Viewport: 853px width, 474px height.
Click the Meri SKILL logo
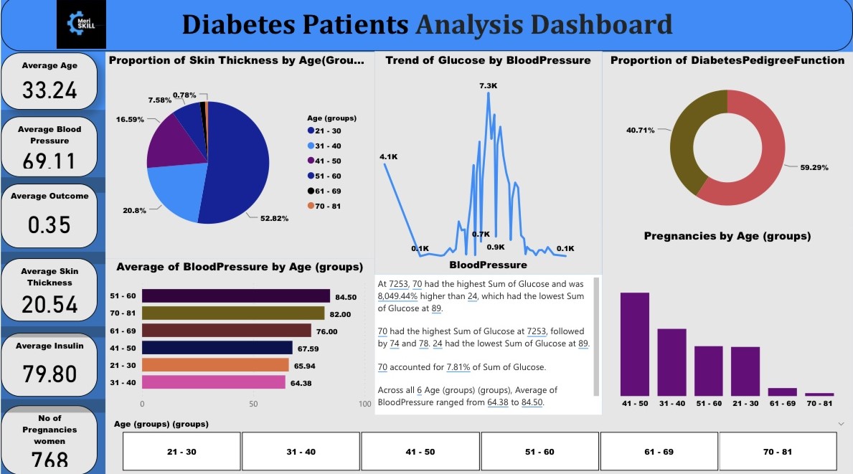pos(81,24)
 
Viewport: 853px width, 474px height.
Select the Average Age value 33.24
pos(50,90)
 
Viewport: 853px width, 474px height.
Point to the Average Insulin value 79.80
pos(50,374)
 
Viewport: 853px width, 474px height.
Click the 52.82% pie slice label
pos(273,218)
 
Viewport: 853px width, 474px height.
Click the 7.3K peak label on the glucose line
pos(488,86)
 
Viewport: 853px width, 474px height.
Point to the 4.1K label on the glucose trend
pos(389,157)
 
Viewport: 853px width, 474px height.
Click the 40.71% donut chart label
pos(640,131)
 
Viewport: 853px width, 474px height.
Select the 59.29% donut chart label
pos(814,168)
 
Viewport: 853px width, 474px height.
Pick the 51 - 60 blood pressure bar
pos(235,296)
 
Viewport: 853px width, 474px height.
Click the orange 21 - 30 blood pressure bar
pos(215,365)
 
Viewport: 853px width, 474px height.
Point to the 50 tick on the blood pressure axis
pos(253,404)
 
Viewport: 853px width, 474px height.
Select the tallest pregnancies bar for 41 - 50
pos(634,343)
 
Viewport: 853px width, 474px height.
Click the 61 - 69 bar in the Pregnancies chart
pos(782,392)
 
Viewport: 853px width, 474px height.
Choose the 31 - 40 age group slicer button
pos(301,452)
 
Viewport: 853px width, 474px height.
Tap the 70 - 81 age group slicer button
pos(778,452)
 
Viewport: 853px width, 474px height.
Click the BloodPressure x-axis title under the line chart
pos(488,265)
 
